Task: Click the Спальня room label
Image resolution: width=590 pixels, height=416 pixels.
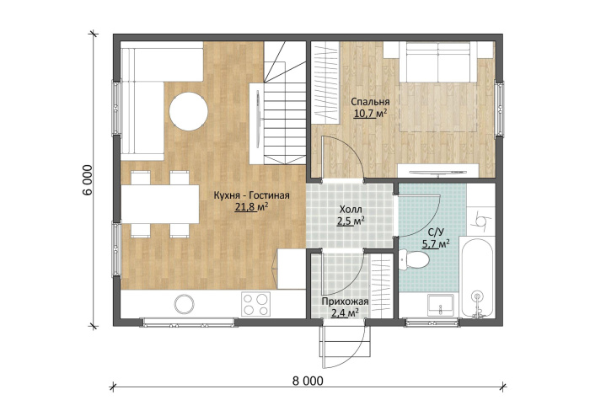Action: [x=370, y=101]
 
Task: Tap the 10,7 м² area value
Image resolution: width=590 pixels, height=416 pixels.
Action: [x=370, y=114]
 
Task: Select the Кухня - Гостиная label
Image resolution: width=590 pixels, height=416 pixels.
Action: [x=251, y=195]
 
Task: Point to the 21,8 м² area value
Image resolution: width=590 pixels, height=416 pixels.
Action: [x=251, y=207]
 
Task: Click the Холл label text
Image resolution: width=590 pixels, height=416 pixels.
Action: [x=351, y=210]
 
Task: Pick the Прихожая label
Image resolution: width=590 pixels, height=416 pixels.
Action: [x=345, y=301]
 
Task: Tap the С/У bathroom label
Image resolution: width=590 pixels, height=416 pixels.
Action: [x=436, y=232]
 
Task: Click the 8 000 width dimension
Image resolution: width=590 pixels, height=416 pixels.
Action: [x=308, y=381]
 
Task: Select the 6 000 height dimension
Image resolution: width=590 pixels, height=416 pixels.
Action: [x=88, y=180]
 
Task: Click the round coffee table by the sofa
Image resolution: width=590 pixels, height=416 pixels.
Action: [x=188, y=111]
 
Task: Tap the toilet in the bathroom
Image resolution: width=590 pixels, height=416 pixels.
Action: [x=415, y=259]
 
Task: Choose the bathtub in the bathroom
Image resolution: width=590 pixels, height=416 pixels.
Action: [x=477, y=278]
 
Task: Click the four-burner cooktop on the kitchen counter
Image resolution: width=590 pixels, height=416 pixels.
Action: [x=256, y=304]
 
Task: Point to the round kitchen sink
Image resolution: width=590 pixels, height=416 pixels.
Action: [x=184, y=303]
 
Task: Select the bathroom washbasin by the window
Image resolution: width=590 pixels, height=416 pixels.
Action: [x=441, y=305]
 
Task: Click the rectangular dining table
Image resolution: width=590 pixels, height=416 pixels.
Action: [x=160, y=204]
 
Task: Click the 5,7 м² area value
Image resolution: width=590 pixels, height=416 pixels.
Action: [x=436, y=244]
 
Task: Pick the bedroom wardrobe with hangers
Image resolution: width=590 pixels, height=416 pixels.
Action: [x=326, y=83]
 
